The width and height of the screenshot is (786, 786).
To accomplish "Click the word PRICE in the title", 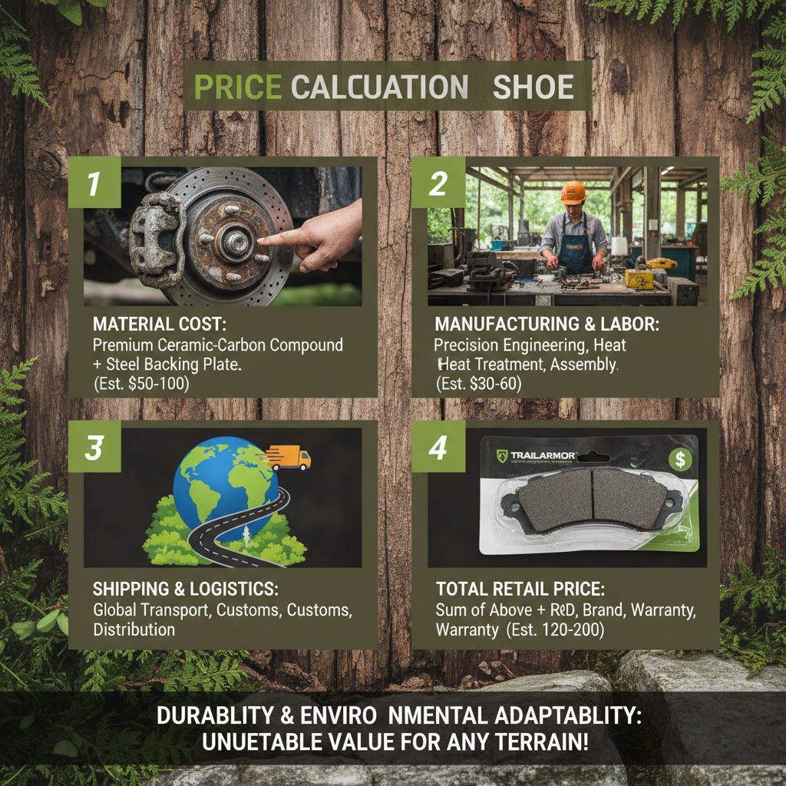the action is click(x=237, y=87).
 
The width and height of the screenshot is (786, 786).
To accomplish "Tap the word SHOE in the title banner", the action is click(x=533, y=88).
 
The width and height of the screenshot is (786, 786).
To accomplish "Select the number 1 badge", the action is click(x=94, y=183).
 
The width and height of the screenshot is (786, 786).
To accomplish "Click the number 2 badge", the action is click(x=438, y=183).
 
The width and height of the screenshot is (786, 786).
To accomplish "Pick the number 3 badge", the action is click(x=94, y=447).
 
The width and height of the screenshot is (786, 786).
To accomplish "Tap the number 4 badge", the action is click(x=438, y=447).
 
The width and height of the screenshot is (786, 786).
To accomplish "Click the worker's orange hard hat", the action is click(x=573, y=192).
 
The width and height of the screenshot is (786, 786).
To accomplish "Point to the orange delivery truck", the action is click(x=289, y=458).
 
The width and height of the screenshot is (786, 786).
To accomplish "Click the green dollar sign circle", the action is click(x=680, y=459).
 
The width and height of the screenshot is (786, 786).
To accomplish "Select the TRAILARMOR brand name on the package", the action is click(x=543, y=456).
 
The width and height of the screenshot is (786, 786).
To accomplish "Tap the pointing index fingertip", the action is click(x=260, y=241).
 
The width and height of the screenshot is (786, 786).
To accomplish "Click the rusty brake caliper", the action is click(x=157, y=240).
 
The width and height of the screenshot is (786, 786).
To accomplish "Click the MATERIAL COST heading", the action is click(x=160, y=325).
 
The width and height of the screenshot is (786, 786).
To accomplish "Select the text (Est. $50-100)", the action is click(x=141, y=384).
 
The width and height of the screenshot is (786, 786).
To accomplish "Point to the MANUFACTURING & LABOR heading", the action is click(x=547, y=325).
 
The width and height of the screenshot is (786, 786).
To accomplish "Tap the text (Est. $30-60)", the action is click(x=479, y=384).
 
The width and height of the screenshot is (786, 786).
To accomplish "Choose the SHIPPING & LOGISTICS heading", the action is click(x=186, y=589).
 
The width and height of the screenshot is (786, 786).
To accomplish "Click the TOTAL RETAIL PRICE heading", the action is click(x=520, y=589).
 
